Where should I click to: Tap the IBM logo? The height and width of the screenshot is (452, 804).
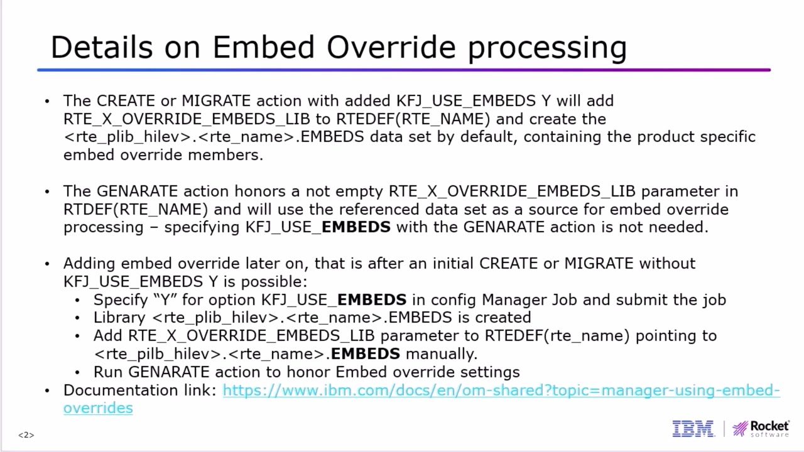tap(693, 429)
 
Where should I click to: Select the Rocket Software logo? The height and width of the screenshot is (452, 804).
tap(761, 429)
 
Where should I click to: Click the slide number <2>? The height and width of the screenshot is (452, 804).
tap(26, 435)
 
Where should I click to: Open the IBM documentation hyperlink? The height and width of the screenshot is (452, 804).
tap(501, 390)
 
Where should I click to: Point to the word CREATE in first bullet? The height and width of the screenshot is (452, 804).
tap(126, 101)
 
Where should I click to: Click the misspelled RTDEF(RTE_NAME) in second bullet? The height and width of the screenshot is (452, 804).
tap(135, 209)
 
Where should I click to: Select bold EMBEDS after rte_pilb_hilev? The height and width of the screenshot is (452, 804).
tap(365, 354)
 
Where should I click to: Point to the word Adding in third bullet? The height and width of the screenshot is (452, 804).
tap(89, 264)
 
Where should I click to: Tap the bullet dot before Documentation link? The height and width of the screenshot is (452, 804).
tap(47, 391)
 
